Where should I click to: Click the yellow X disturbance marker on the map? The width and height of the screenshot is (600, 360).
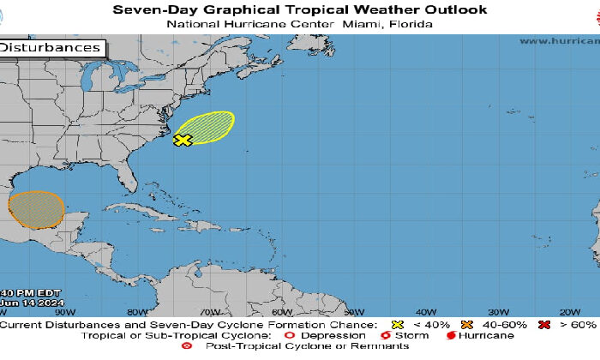pos(182,140)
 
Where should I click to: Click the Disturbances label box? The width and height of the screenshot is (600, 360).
pos(51,48)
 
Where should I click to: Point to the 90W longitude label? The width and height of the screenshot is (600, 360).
pos(64,312)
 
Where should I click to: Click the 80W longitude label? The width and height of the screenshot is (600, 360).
pos(137,312)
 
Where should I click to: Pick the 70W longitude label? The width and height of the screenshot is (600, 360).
pos(210,312)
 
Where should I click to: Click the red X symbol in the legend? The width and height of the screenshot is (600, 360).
pos(543,325)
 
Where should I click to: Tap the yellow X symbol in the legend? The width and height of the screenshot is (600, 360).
pos(396,325)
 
